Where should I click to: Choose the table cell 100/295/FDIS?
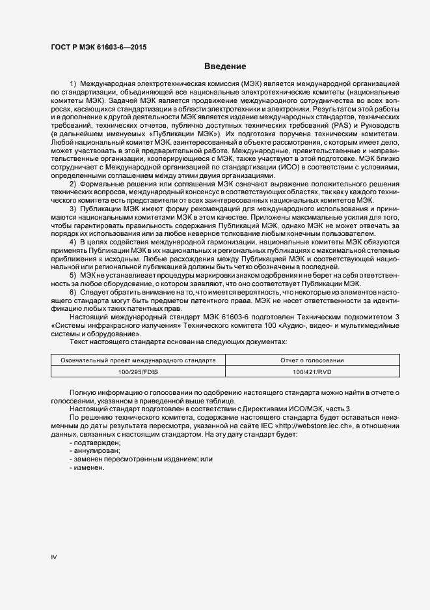click(x=139, y=371)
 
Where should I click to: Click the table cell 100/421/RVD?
click(x=313, y=371)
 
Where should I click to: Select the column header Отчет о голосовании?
click(x=313, y=360)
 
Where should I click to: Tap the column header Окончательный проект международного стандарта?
click(x=139, y=360)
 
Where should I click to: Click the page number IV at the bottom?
click(x=54, y=557)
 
